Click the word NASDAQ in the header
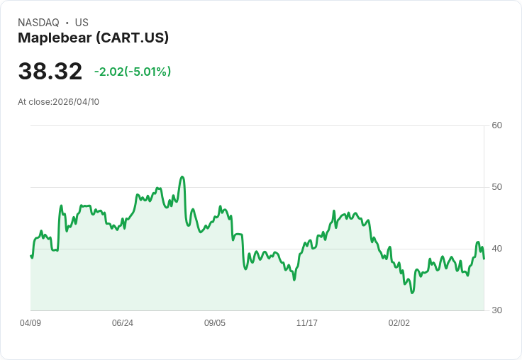point(38,23)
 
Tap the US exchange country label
point(82,23)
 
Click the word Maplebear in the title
point(54,38)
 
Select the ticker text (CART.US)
point(133,38)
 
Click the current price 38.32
point(50,72)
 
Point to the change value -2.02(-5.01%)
point(133,72)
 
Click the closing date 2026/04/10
point(76,102)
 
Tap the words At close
point(34,102)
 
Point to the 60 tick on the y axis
point(497,125)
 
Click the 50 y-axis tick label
point(497,187)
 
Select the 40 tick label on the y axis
point(497,249)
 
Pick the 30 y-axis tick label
point(497,310)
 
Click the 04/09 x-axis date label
point(30,323)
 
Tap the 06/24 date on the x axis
point(123,323)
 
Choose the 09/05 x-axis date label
point(215,323)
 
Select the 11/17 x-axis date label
point(307,323)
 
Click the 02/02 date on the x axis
point(399,323)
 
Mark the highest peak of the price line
point(182,176)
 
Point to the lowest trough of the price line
point(412,293)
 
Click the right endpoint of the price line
point(484,259)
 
